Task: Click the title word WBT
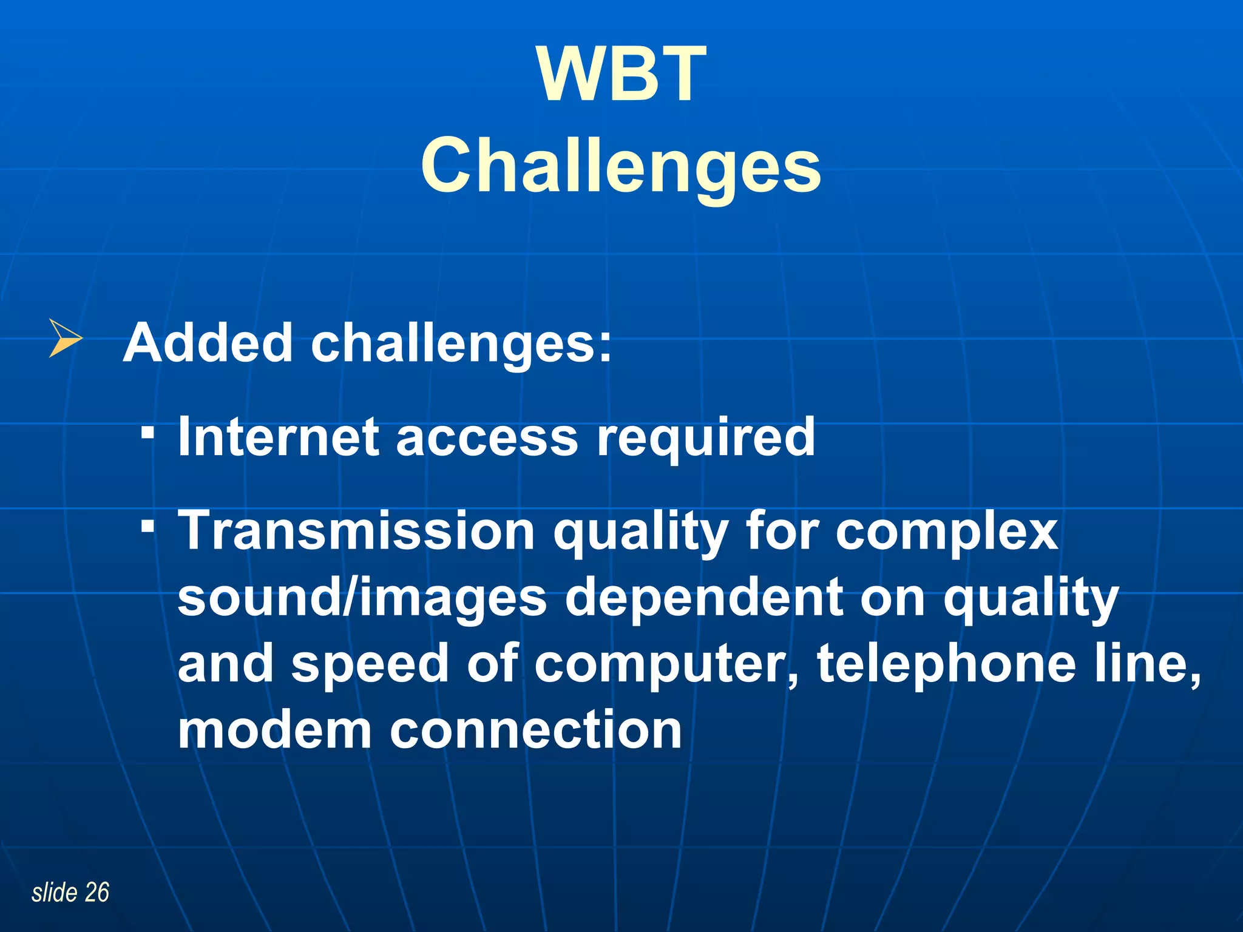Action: point(621,76)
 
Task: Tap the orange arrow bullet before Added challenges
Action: point(64,338)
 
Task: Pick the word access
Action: point(487,438)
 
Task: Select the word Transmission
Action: point(356,531)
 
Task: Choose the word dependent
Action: point(704,598)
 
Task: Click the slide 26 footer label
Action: point(70,893)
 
